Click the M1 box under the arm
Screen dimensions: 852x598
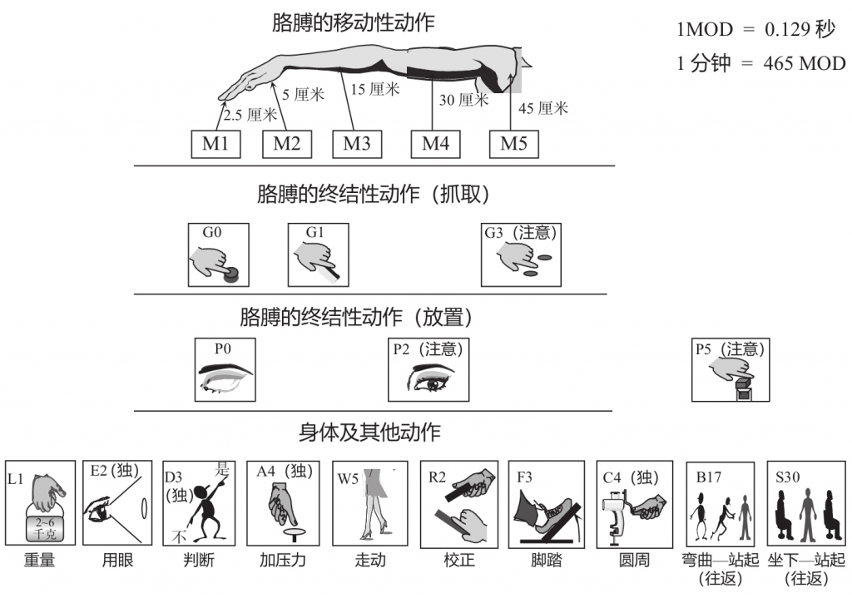click(215, 143)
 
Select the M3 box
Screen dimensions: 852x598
click(357, 143)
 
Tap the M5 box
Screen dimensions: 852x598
click(513, 143)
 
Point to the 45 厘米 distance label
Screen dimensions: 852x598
click(543, 108)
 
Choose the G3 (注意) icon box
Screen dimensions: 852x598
click(521, 255)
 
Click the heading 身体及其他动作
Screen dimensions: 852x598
click(369, 432)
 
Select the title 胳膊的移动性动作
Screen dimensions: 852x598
click(353, 22)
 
